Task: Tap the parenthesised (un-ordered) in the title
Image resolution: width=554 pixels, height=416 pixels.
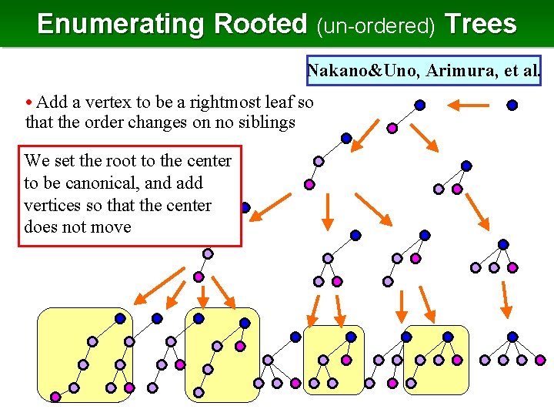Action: [x=376, y=25]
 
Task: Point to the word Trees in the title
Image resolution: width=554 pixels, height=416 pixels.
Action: [x=480, y=24]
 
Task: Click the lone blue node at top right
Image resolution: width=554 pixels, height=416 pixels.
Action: [x=512, y=105]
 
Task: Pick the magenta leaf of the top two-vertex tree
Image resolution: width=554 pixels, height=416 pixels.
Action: [x=392, y=127]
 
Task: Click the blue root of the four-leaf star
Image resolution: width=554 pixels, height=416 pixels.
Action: [x=512, y=337]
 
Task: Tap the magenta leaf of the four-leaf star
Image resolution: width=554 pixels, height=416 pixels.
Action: [x=540, y=360]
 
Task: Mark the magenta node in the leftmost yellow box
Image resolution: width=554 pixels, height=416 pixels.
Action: [x=55, y=397]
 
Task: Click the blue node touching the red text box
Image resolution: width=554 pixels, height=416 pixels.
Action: [x=245, y=207]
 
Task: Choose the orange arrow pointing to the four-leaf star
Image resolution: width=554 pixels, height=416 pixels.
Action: [x=506, y=299]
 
